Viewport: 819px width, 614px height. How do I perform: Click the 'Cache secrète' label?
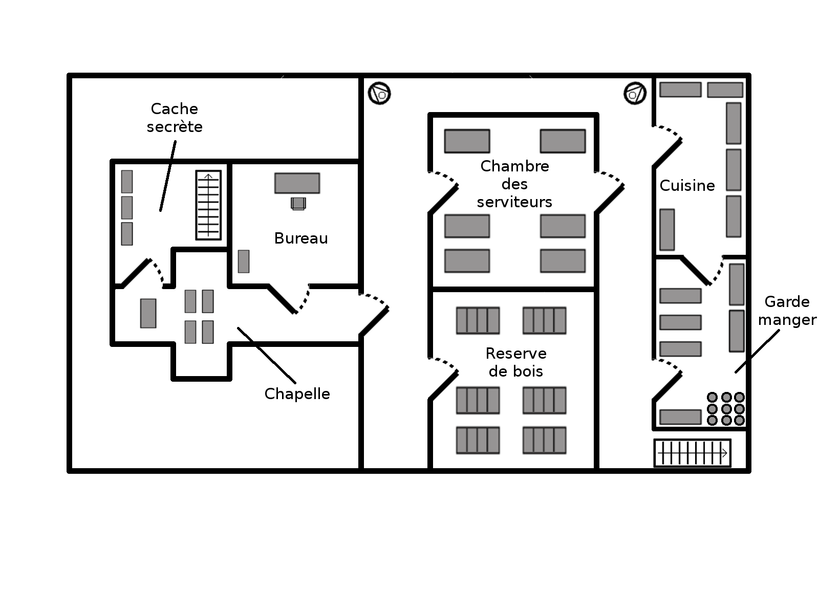[175, 118]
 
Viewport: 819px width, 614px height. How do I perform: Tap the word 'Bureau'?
[301, 238]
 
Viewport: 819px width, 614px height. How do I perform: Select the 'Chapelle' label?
[297, 394]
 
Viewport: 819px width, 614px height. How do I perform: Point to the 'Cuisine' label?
[687, 186]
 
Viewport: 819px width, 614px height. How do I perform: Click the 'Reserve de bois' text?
[516, 362]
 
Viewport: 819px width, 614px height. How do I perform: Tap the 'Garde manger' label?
[786, 311]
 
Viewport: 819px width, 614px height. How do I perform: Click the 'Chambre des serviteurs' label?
[514, 184]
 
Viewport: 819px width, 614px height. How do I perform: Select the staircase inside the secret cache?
[208, 205]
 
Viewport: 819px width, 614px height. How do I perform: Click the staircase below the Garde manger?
[692, 453]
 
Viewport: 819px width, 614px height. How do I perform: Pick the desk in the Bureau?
[297, 183]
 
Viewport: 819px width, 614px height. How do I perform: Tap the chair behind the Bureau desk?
[298, 204]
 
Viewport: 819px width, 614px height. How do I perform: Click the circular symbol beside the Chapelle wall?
[379, 94]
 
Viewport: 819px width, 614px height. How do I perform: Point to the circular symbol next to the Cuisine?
[635, 94]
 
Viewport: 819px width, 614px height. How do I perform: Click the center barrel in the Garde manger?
[726, 409]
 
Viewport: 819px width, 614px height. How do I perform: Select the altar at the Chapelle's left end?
[148, 313]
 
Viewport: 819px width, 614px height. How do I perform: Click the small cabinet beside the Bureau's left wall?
[244, 261]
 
